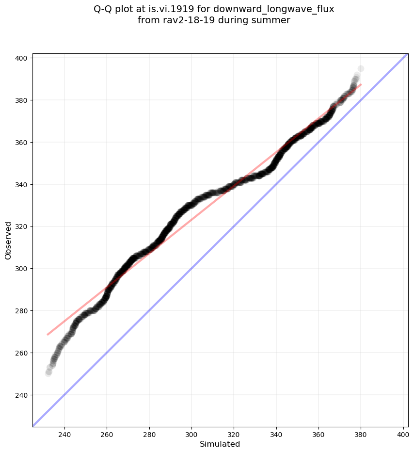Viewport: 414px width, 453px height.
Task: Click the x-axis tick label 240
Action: click(x=64, y=435)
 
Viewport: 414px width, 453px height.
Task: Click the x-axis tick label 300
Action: click(x=191, y=435)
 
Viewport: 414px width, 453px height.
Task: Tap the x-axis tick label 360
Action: click(x=319, y=435)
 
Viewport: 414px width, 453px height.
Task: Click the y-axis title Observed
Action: click(x=8, y=240)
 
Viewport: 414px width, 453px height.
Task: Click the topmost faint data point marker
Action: click(x=361, y=68)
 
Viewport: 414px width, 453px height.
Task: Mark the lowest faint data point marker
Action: click(x=48, y=373)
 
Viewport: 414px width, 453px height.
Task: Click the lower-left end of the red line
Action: click(x=48, y=334)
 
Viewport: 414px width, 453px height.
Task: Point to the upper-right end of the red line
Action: click(x=361, y=84)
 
